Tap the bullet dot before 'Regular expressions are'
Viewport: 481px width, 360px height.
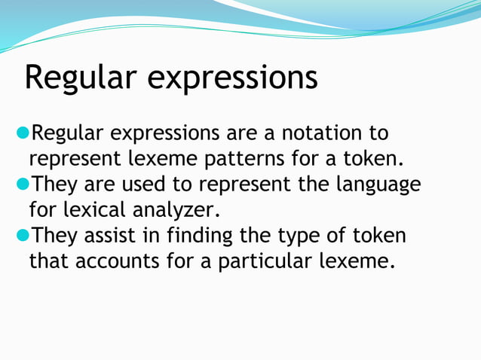click(23, 134)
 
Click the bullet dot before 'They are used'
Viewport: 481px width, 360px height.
click(23, 185)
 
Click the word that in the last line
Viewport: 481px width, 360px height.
click(47, 262)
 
